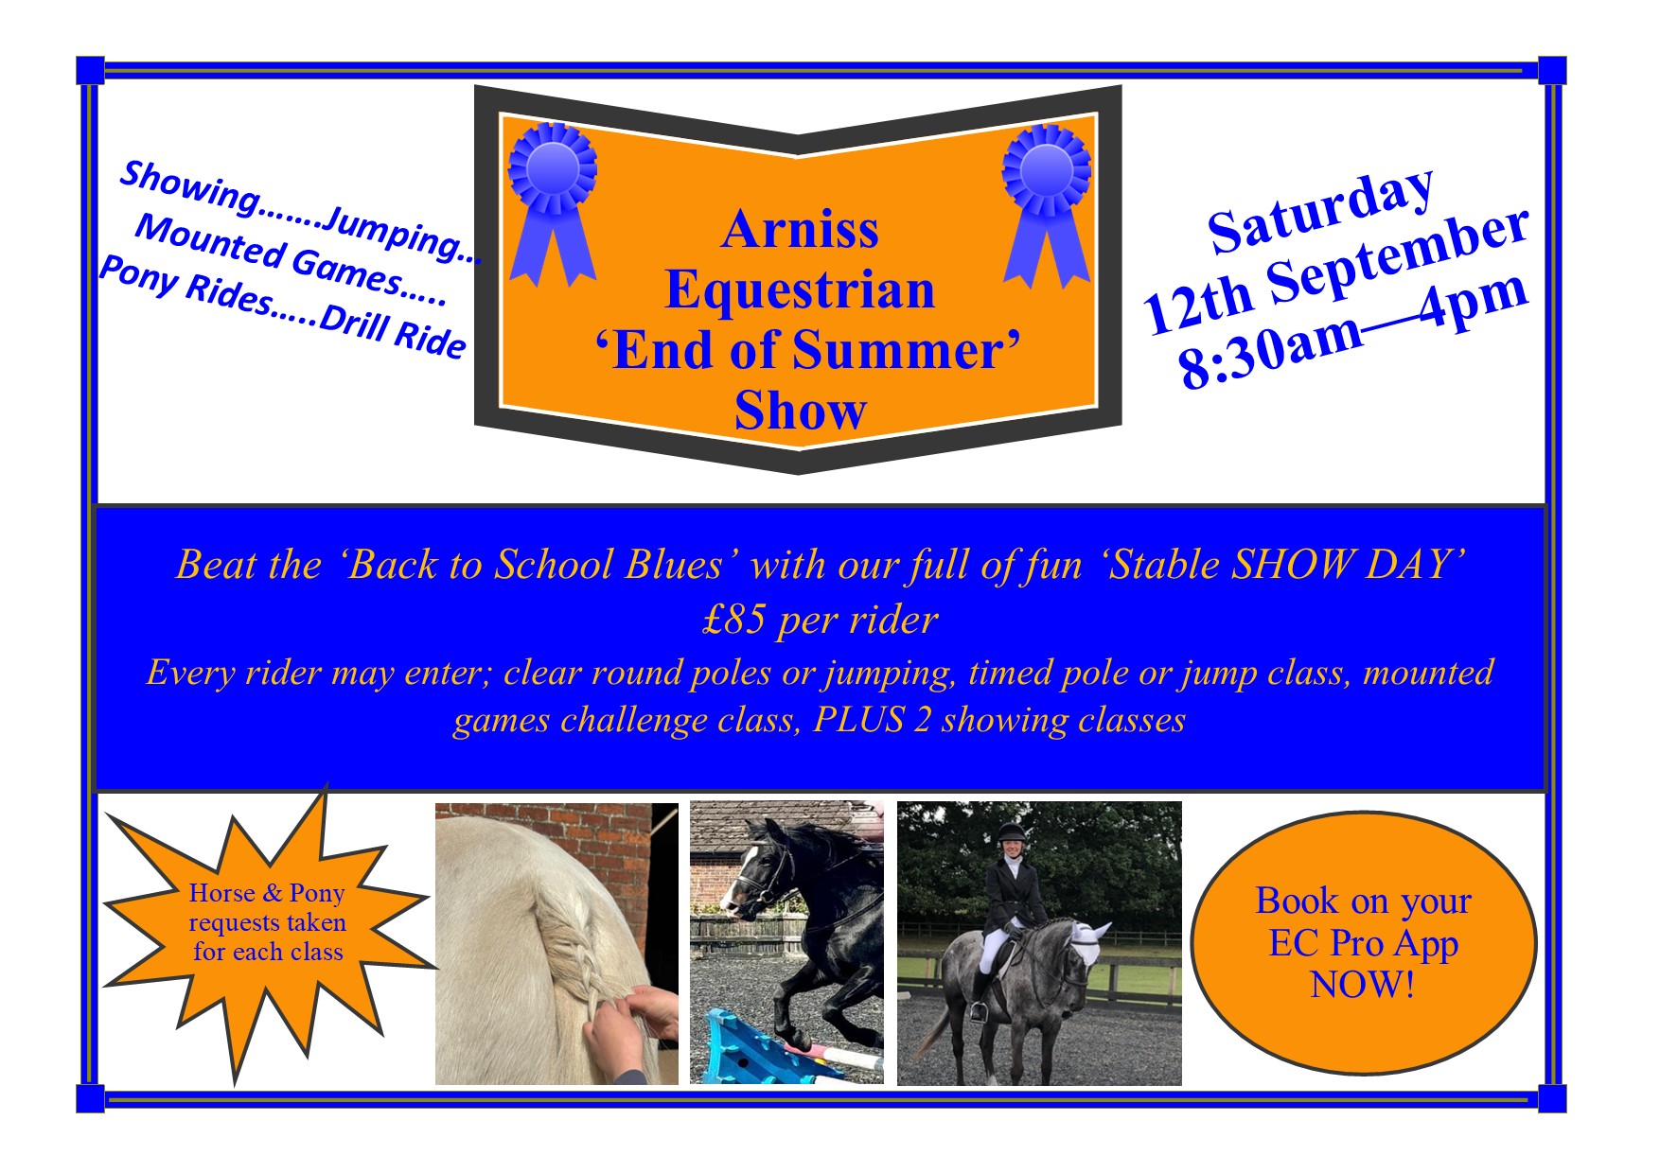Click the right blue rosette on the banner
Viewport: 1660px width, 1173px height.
(x=1047, y=204)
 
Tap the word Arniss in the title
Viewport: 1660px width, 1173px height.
(x=800, y=229)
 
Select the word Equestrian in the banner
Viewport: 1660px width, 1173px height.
(x=800, y=289)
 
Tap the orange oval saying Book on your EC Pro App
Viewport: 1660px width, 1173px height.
(x=1363, y=942)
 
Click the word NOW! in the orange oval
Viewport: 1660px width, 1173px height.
(x=1363, y=986)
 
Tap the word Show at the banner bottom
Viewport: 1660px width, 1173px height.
(x=800, y=411)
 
